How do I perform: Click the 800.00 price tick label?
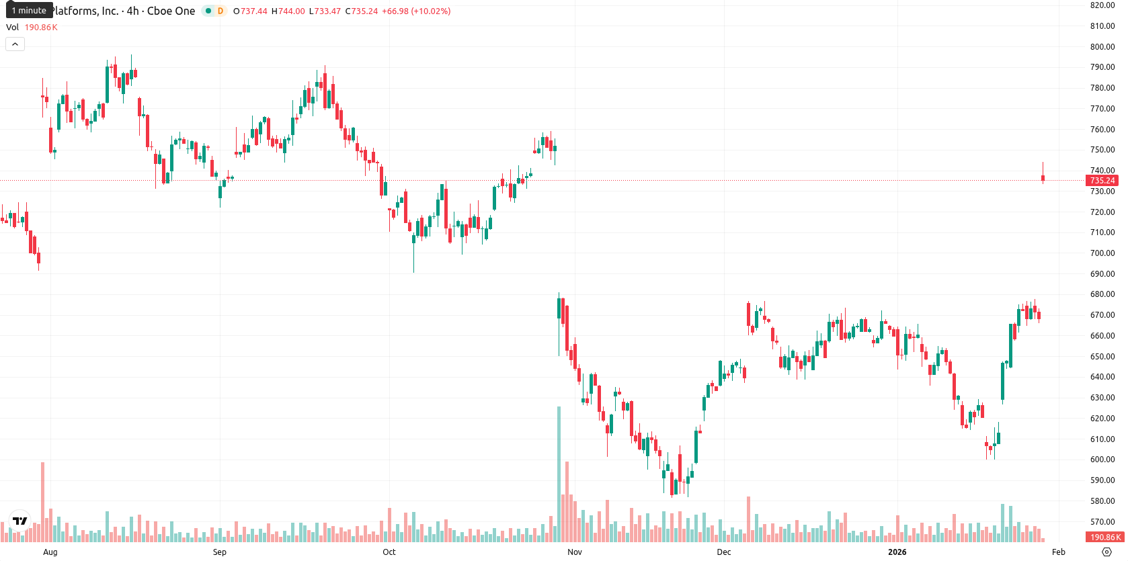coord(1102,47)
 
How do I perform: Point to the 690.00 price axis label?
coord(1102,273)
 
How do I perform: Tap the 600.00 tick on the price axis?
coord(1102,460)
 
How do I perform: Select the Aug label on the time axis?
coord(50,552)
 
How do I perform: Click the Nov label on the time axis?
coord(575,552)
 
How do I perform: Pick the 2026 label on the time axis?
coord(897,552)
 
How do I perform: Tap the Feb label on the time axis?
coord(1059,552)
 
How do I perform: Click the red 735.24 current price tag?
coord(1102,181)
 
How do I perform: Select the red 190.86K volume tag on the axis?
coord(1102,537)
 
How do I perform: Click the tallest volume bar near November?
coord(559,474)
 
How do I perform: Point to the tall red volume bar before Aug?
coord(43,502)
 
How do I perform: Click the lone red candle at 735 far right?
coord(1043,178)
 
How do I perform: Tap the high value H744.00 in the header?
coord(288,11)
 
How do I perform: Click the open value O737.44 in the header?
coord(250,11)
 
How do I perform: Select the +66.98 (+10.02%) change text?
coord(416,11)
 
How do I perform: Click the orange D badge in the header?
coord(220,11)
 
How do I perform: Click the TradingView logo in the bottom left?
coord(20,521)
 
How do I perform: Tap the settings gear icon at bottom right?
coord(1106,552)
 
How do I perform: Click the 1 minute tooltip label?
coord(29,10)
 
